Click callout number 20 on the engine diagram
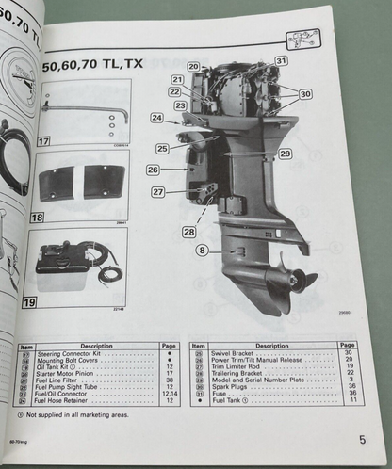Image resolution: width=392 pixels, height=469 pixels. click(192, 67)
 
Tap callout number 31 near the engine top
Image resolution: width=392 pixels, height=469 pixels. click(280, 60)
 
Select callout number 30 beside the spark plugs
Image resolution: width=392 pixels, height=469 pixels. click(304, 94)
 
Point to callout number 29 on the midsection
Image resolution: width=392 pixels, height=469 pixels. click(285, 154)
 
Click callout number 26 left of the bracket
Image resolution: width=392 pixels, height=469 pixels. click(153, 170)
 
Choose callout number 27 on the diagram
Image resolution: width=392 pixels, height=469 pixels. click(157, 192)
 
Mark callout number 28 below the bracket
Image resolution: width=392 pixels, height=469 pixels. click(189, 231)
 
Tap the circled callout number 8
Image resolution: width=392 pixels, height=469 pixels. click(203, 251)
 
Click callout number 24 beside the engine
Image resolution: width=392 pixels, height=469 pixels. click(156, 119)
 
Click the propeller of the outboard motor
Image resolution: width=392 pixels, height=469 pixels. click(286, 279)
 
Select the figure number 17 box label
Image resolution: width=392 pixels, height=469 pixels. click(43, 141)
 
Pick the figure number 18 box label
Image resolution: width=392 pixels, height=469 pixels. click(37, 218)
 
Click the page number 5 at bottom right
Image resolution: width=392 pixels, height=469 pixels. click(362, 439)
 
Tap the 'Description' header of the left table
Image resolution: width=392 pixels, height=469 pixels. click(96, 346)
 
